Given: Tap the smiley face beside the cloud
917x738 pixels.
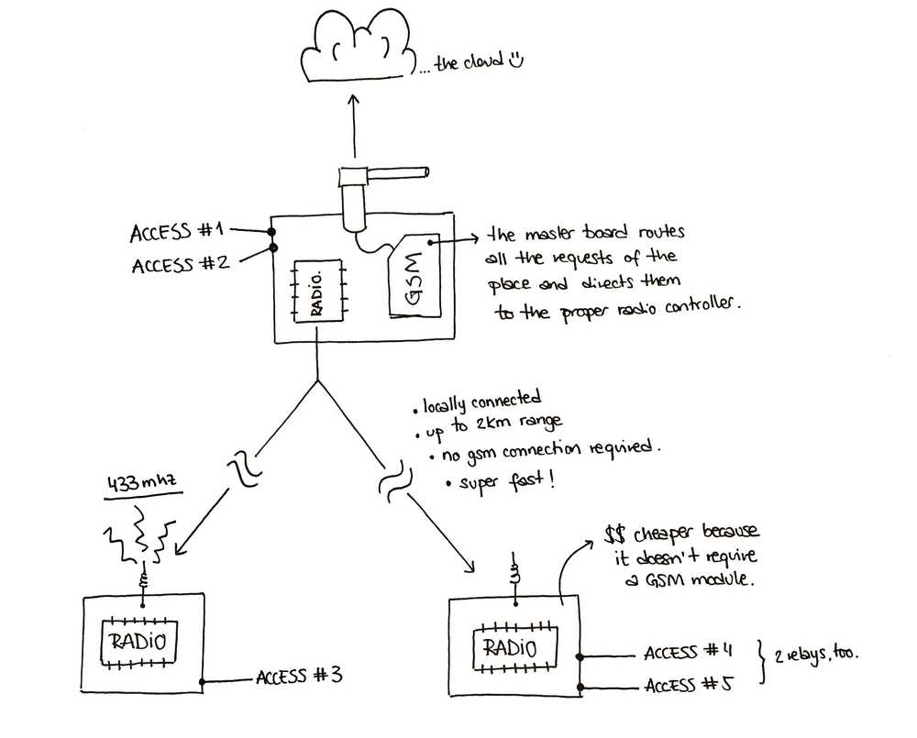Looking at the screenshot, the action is [x=515, y=59].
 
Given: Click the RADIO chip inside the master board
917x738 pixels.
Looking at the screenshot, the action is [x=318, y=291].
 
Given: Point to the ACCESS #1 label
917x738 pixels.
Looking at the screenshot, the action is [x=177, y=232].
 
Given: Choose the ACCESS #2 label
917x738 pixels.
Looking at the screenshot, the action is [x=180, y=264].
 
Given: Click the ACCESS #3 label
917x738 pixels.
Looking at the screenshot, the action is [x=299, y=677].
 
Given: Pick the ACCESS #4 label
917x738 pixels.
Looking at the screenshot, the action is [x=688, y=652].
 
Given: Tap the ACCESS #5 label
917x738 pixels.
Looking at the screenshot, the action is [x=689, y=684].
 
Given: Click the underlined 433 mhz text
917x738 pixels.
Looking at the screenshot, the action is [x=141, y=485].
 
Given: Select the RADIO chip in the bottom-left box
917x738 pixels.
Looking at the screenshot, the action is [x=139, y=642].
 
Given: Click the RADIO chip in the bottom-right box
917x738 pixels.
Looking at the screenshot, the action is [x=514, y=648].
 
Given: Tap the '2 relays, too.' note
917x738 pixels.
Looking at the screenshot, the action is [x=816, y=655].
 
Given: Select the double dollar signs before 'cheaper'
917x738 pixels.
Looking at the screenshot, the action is [x=615, y=534].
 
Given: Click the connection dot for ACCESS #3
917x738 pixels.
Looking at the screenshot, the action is [x=203, y=682].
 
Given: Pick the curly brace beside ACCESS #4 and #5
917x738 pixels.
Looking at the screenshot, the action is [x=761, y=662].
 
